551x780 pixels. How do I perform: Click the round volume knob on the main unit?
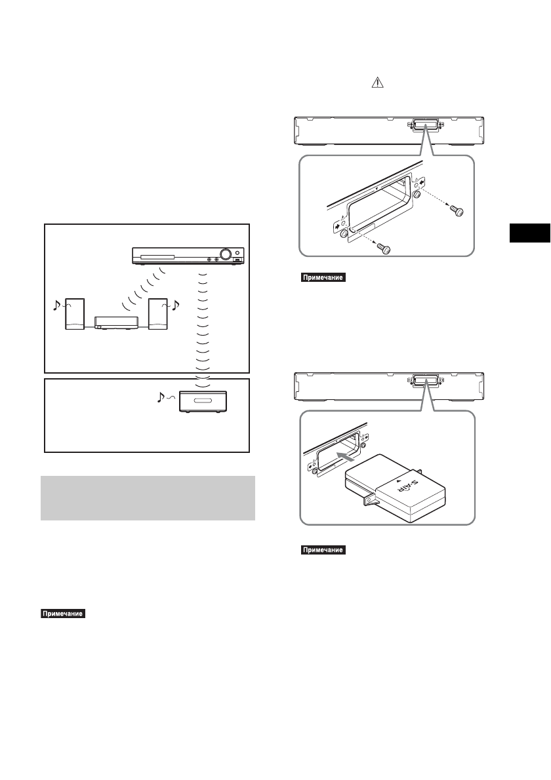pos(226,254)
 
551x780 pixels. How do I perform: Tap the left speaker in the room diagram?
pos(74,315)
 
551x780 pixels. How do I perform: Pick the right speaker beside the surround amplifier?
pos(158,315)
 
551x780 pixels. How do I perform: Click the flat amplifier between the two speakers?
pos(116,322)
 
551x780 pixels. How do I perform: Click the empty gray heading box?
pos(148,498)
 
